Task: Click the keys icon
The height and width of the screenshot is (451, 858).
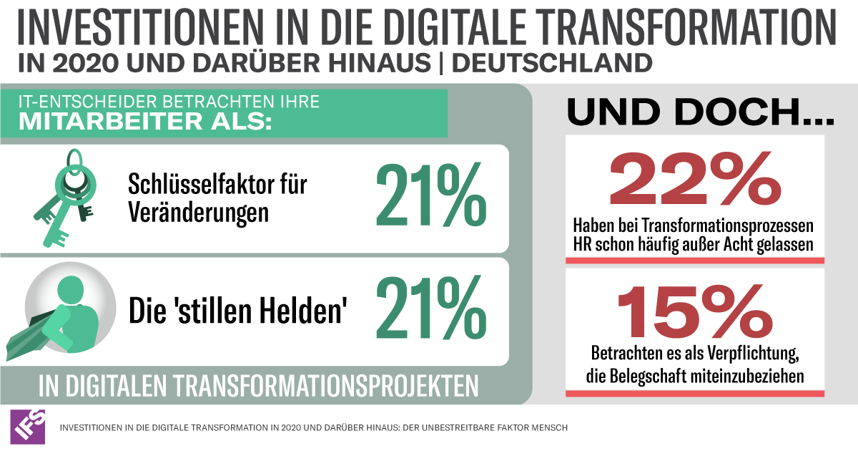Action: pos(64,196)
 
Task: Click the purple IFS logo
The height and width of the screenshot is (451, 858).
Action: pos(28,427)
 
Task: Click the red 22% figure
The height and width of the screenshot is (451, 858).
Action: pos(694,179)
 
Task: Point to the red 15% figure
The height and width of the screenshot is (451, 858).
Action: pos(694,308)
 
